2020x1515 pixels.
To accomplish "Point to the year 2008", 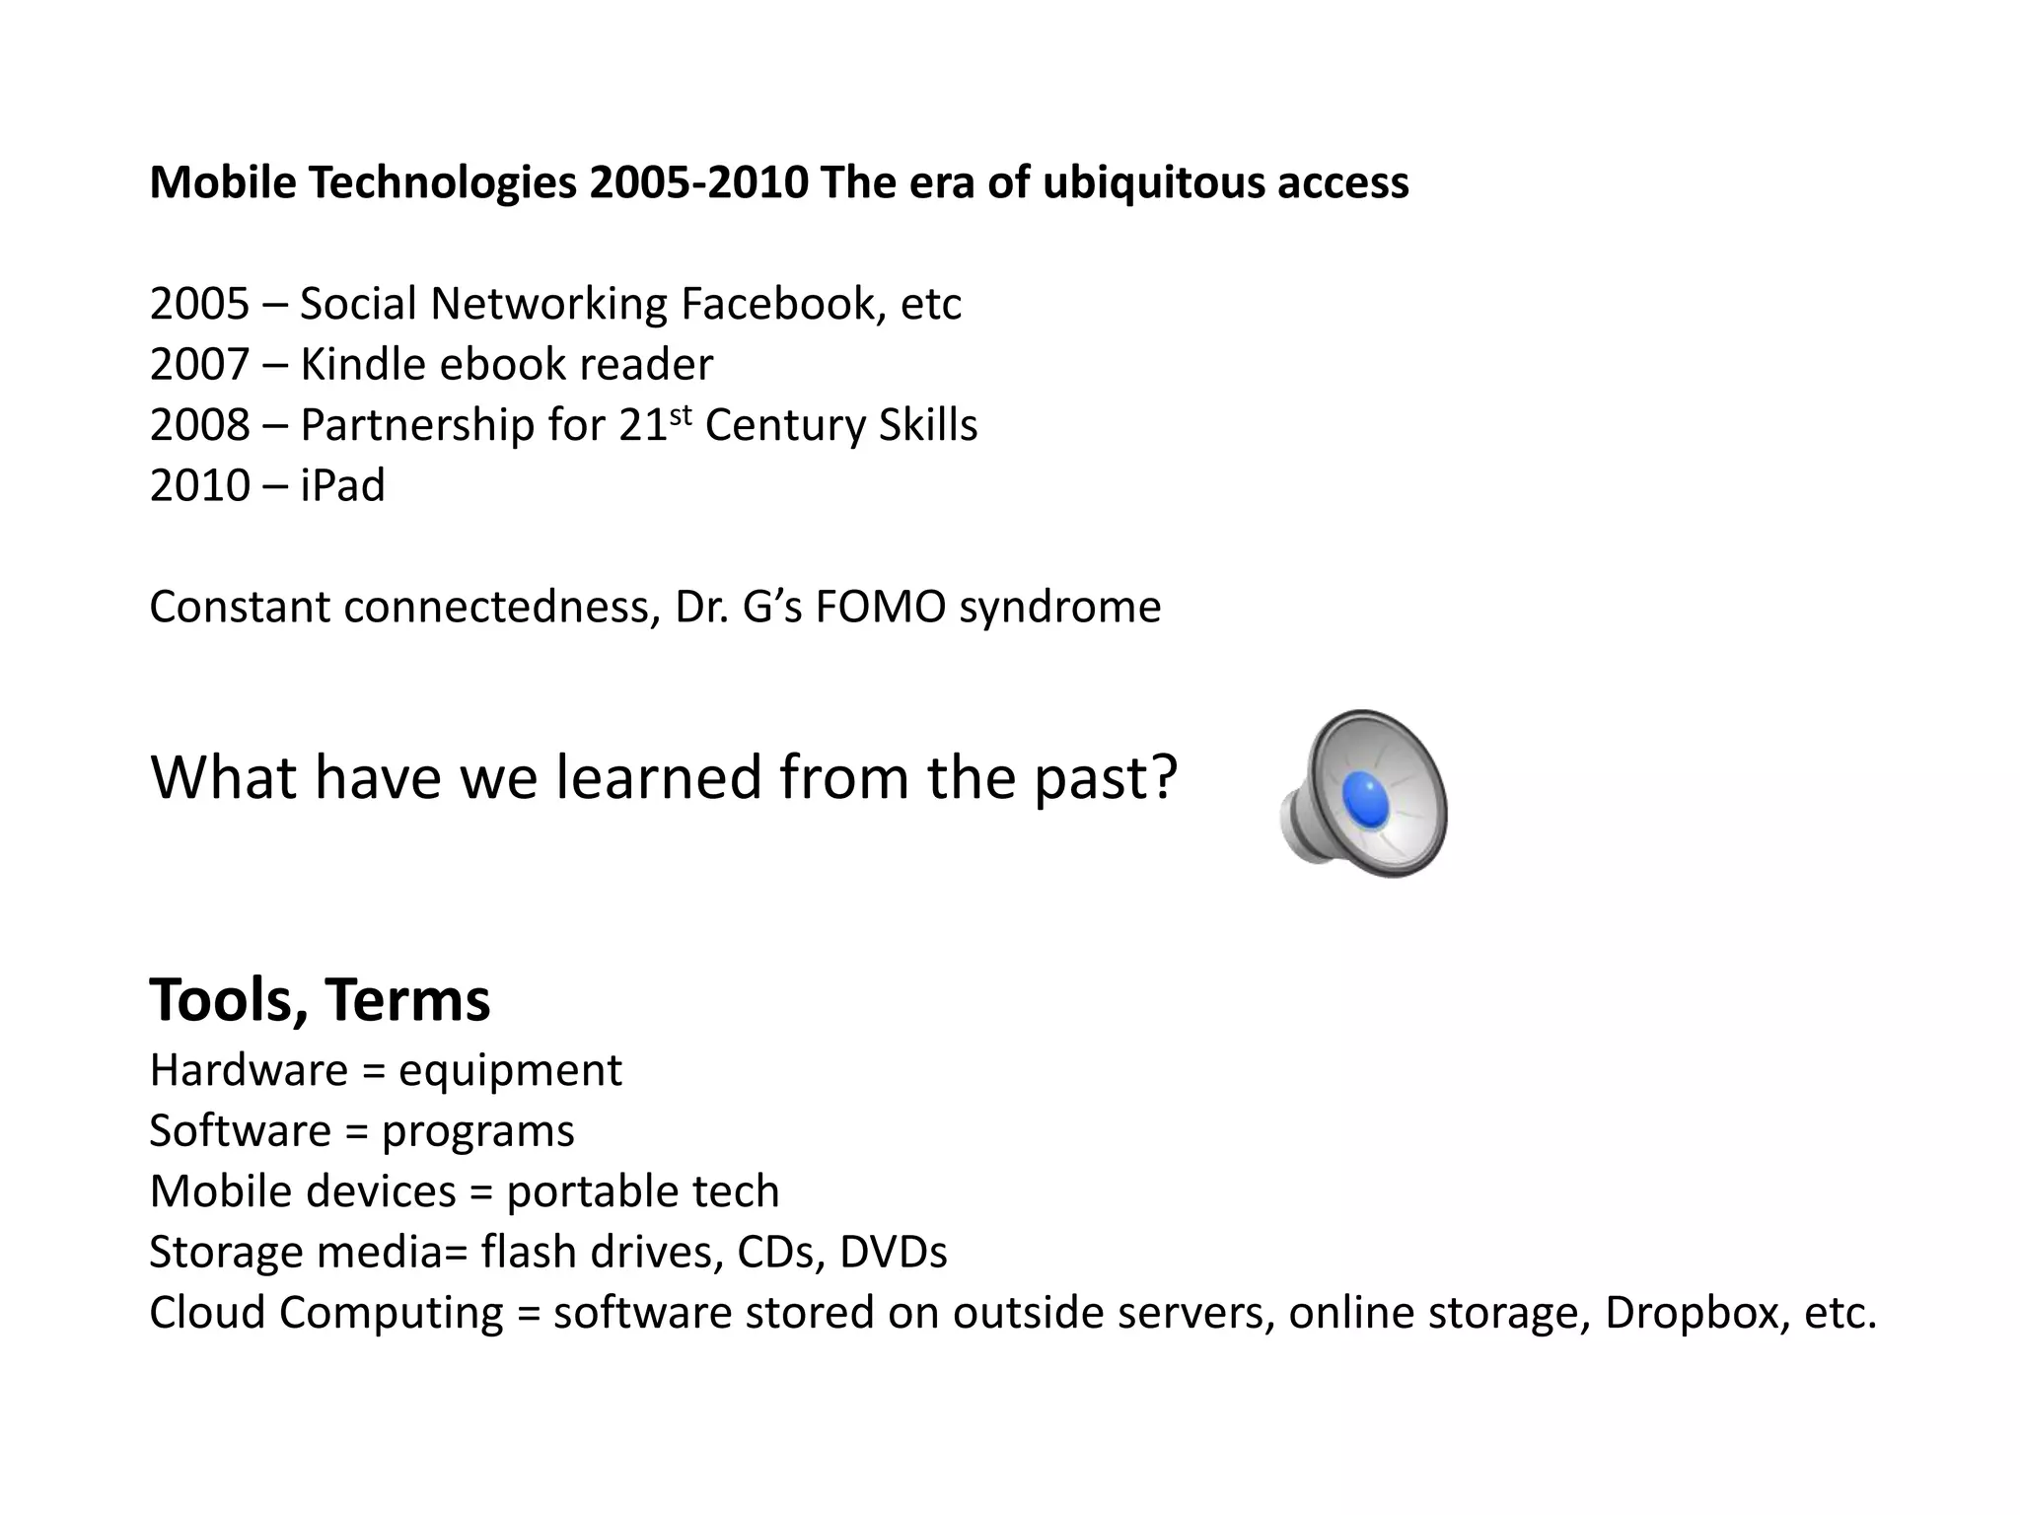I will (199, 425).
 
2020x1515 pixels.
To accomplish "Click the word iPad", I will (342, 485).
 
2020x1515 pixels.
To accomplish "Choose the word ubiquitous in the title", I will (1152, 182).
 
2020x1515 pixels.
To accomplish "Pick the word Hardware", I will (249, 1070).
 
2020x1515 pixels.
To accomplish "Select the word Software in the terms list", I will (240, 1130).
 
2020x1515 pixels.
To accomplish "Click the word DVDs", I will (893, 1252).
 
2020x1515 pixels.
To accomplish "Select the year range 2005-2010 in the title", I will (698, 182).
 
